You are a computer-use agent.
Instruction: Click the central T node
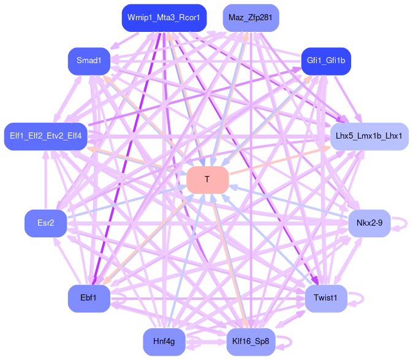[207, 179]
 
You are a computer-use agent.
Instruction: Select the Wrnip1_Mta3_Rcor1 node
[164, 17]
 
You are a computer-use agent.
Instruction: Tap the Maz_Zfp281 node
[251, 17]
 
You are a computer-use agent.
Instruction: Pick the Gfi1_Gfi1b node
[326, 61]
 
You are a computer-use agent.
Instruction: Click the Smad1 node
[89, 60]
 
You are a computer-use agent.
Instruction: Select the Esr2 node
[45, 223]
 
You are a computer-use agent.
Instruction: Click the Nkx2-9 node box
[369, 223]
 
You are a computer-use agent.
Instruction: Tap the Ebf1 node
[89, 297]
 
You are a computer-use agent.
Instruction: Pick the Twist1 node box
[325, 298]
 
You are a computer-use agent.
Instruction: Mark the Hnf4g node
[164, 342]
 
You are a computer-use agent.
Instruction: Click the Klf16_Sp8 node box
[251, 342]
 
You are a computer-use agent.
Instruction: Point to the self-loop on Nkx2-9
[401, 223]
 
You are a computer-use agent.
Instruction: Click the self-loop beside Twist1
[358, 298]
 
